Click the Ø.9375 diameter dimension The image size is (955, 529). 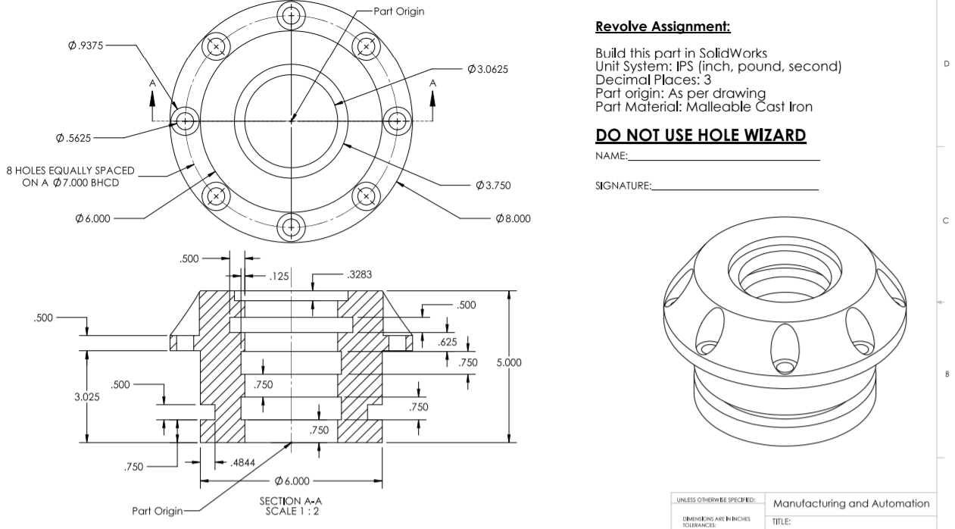(86, 45)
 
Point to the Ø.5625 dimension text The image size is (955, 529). (74, 138)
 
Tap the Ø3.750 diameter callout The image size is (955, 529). (492, 186)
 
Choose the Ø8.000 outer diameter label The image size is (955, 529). (513, 218)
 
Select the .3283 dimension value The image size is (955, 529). (360, 275)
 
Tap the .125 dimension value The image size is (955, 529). (279, 277)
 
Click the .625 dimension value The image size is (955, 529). (447, 343)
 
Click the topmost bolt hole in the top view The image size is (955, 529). (292, 14)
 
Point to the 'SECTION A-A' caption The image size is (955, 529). (292, 500)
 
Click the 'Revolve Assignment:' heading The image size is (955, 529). (663, 27)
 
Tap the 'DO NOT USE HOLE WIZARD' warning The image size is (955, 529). (701, 136)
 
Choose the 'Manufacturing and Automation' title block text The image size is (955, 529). (850, 503)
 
